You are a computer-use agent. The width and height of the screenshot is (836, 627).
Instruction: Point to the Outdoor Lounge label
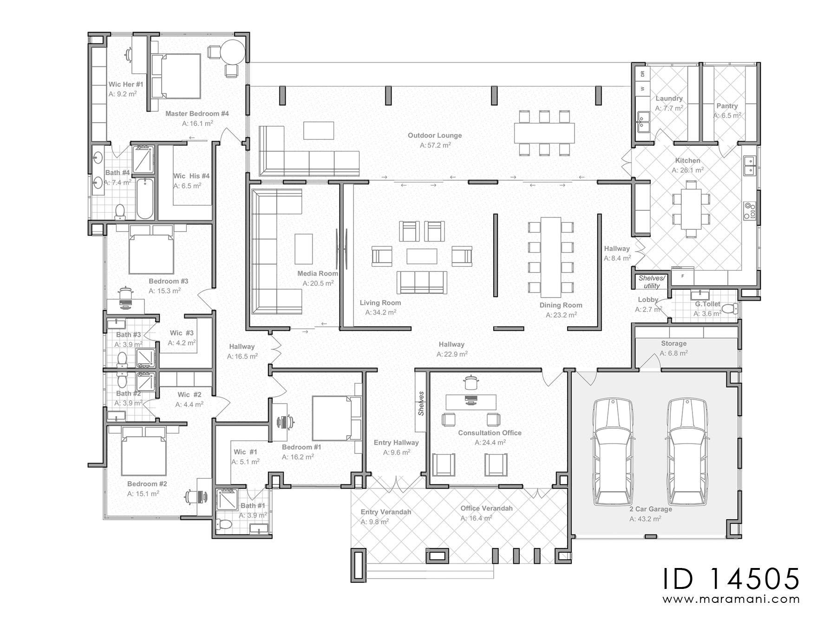click(x=435, y=136)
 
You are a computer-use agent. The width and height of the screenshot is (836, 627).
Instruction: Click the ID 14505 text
click(x=731, y=579)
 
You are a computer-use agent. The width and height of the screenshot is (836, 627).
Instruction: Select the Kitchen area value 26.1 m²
click(x=687, y=170)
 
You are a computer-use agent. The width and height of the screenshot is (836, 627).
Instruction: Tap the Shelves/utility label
click(x=652, y=282)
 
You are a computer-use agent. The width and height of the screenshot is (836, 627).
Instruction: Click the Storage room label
click(x=673, y=344)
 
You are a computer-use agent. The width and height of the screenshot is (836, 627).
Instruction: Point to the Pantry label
click(x=727, y=106)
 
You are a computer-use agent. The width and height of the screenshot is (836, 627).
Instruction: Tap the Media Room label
click(x=318, y=274)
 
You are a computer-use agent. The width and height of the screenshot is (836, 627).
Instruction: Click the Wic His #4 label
click(x=191, y=176)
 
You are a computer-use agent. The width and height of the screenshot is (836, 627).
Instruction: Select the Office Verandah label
click(x=486, y=509)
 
